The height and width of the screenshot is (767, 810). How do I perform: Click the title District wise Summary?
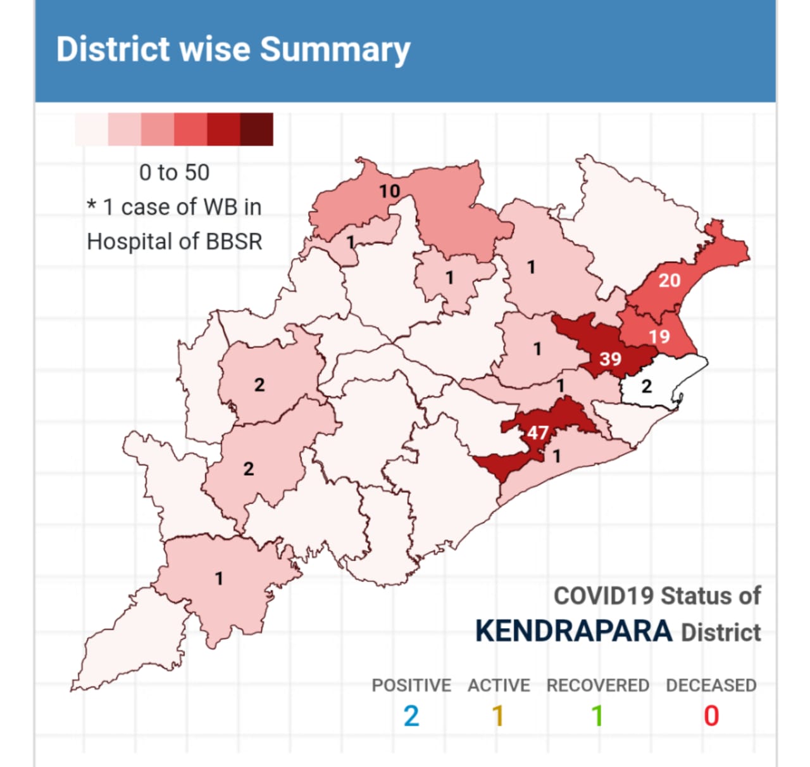tap(233, 49)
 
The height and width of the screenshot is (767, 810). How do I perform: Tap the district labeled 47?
tap(538, 433)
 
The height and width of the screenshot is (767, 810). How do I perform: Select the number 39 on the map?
tap(610, 359)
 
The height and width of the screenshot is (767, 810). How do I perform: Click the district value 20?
tap(669, 280)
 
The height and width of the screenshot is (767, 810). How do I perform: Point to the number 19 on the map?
tap(659, 336)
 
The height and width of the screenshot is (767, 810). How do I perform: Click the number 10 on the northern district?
tap(389, 191)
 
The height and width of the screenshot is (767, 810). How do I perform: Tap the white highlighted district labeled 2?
tap(646, 386)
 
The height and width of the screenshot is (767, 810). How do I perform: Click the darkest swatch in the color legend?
tap(257, 129)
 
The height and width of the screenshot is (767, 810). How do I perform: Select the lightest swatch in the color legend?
tap(91, 129)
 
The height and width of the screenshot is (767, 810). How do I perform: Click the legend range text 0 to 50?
tap(174, 172)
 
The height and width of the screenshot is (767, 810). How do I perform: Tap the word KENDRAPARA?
tap(573, 631)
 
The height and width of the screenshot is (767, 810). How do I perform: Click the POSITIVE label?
tap(411, 685)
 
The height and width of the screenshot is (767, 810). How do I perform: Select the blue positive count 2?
tap(411, 716)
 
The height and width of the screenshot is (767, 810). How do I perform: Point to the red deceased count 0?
tap(711, 716)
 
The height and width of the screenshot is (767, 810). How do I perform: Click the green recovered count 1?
tap(597, 716)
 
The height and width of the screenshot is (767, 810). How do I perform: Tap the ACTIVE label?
tap(499, 685)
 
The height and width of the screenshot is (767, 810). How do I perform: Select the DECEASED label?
tap(711, 685)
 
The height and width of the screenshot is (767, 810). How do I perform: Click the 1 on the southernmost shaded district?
tap(219, 578)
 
